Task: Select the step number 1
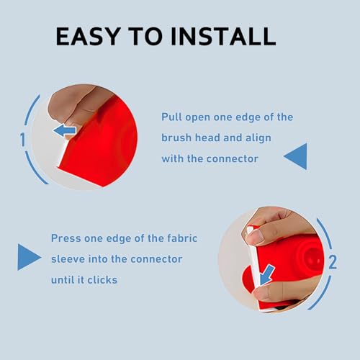[23, 138]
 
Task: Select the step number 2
[332, 262]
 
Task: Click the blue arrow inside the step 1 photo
[66, 130]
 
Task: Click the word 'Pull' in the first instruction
[172, 117]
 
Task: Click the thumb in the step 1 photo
[72, 101]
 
